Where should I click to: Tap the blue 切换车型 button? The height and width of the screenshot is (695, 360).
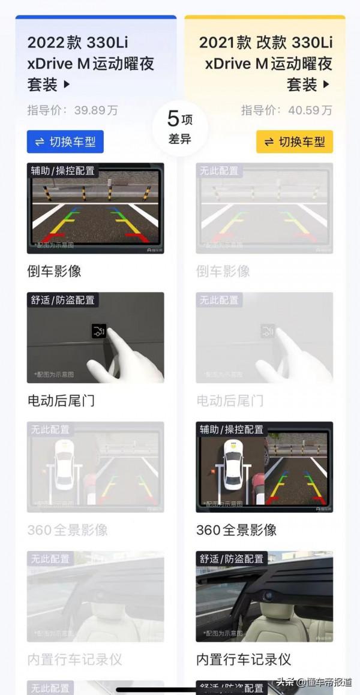[x=65, y=142]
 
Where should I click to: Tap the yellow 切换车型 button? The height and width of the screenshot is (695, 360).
[x=295, y=142]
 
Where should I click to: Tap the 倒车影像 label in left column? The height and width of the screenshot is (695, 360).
[x=54, y=271]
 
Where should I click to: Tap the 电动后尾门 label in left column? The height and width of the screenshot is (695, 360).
[x=61, y=401]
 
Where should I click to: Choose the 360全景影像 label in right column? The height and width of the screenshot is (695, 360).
[x=236, y=530]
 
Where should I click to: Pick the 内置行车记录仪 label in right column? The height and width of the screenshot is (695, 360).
[x=244, y=660]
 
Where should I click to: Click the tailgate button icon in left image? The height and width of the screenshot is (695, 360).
[x=99, y=330]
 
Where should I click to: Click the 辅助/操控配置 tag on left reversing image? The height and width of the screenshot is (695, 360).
[x=63, y=171]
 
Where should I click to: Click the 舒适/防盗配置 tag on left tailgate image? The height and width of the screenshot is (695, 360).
[x=63, y=300]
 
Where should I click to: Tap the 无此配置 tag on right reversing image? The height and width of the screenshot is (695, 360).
[x=218, y=171]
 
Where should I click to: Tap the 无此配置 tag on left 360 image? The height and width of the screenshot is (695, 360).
[x=50, y=430]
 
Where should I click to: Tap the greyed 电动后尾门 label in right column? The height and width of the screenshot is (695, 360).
[x=230, y=401]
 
